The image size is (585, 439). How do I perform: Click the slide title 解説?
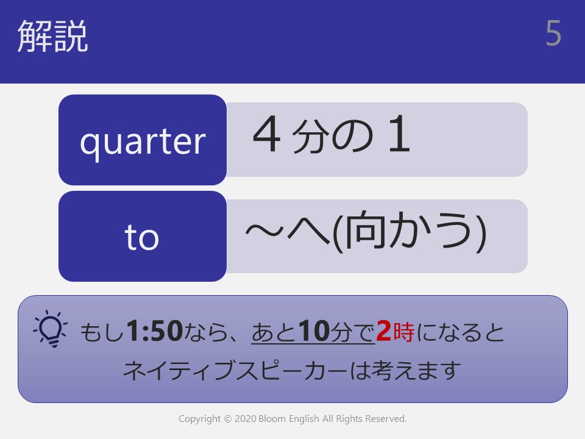52,36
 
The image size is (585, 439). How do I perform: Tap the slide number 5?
553,33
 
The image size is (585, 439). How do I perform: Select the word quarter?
143,142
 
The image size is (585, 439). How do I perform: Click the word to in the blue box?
142,237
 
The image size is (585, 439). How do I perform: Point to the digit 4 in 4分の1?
266,134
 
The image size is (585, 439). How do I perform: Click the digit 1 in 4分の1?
400,134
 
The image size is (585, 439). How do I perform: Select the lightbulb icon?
51,329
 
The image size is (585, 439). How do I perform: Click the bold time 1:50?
154,330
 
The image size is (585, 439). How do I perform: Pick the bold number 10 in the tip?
314,330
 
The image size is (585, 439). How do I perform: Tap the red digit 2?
383,330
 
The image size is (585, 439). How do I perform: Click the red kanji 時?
403,332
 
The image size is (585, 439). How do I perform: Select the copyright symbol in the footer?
227,419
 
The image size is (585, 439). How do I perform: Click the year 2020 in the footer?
245,419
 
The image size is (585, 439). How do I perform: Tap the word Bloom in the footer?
272,419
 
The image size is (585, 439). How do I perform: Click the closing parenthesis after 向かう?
481,232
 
